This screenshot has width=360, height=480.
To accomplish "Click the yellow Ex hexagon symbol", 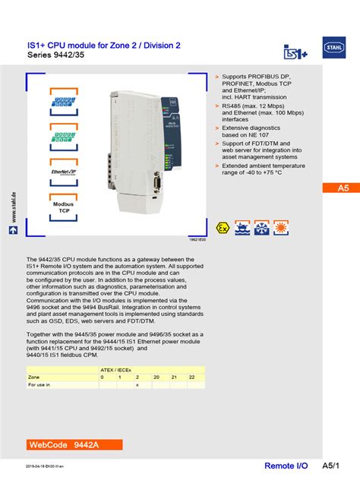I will coord(223,229).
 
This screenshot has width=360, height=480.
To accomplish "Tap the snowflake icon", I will coord(261,229).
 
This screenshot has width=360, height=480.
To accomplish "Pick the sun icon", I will coord(279,229).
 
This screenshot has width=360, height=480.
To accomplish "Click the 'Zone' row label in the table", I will coord(34,377).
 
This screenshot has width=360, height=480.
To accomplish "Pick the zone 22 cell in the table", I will coord(191,377).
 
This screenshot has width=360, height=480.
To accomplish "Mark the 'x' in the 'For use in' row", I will coord(137,385).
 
